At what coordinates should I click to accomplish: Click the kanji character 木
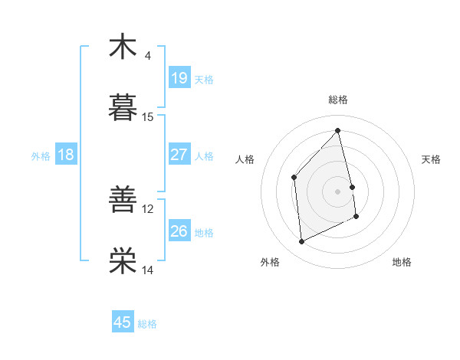(x=123, y=47)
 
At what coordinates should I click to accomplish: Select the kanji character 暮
(x=123, y=108)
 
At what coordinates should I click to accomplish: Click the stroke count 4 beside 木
(x=147, y=56)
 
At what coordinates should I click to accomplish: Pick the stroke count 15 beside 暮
(x=148, y=117)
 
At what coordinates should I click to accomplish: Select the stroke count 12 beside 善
(x=148, y=209)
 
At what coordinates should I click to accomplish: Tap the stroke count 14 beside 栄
(x=148, y=270)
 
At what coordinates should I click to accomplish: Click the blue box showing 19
(x=179, y=77)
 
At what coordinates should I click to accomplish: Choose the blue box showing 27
(x=179, y=155)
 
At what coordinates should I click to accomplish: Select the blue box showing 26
(x=179, y=231)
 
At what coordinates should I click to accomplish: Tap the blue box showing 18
(x=66, y=155)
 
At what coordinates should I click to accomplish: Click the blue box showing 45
(x=123, y=322)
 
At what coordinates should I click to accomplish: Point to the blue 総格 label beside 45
(x=147, y=324)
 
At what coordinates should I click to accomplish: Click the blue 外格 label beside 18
(x=41, y=156)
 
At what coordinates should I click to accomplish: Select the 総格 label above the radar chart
(x=338, y=100)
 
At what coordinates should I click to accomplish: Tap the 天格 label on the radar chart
(x=431, y=159)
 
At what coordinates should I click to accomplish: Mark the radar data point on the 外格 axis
(x=301, y=242)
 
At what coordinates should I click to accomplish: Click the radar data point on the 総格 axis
(x=338, y=130)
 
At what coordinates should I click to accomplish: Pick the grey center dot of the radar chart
(x=338, y=191)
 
